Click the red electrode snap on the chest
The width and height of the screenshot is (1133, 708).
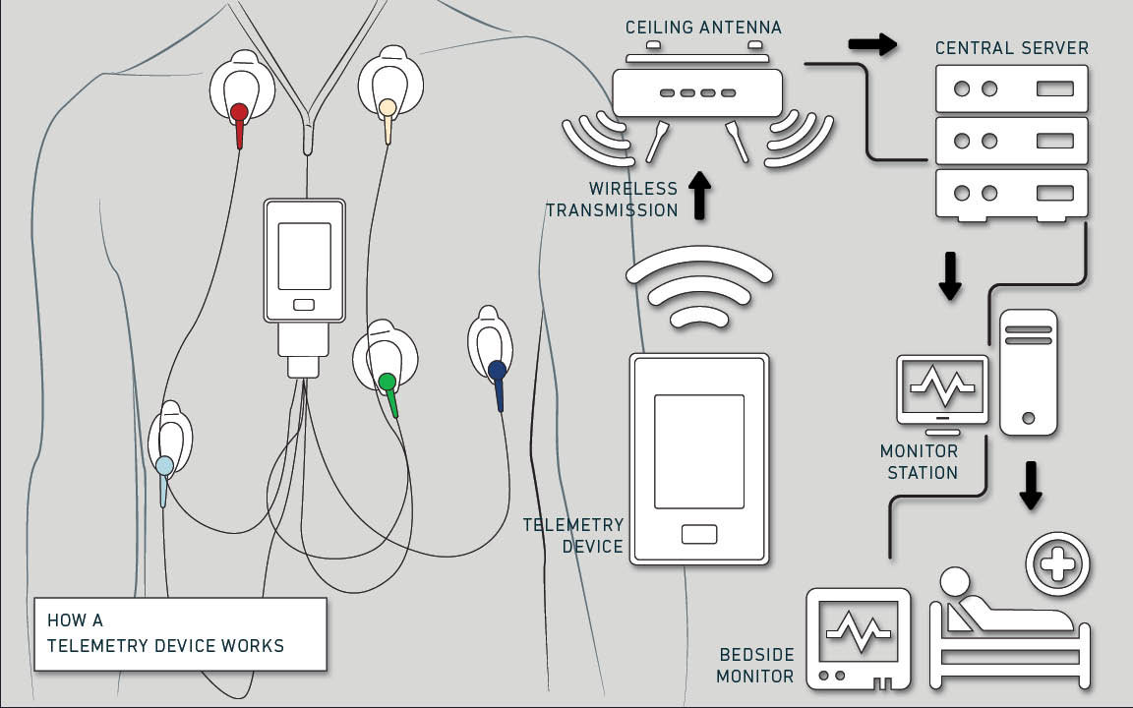[239, 112]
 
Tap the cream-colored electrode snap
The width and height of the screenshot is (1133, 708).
[388, 106]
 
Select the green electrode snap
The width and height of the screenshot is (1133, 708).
[388, 382]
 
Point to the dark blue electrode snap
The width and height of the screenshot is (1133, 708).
[497, 371]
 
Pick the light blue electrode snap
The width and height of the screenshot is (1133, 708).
[164, 465]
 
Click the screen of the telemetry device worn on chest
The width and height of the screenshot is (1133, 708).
[304, 256]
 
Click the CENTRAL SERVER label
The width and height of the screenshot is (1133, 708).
[1012, 48]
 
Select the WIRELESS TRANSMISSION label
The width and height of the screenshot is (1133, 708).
[612, 199]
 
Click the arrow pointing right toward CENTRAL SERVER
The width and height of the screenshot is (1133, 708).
[872, 44]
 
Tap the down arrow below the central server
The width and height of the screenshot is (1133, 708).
[949, 275]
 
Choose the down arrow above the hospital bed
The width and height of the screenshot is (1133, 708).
[1030, 486]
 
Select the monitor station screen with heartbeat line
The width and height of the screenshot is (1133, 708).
[942, 387]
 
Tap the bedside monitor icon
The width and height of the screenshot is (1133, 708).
[858, 637]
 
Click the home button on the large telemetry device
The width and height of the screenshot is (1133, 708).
[698, 534]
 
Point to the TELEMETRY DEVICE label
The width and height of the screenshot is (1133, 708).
[573, 535]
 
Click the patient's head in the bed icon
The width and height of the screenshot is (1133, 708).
[954, 581]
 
